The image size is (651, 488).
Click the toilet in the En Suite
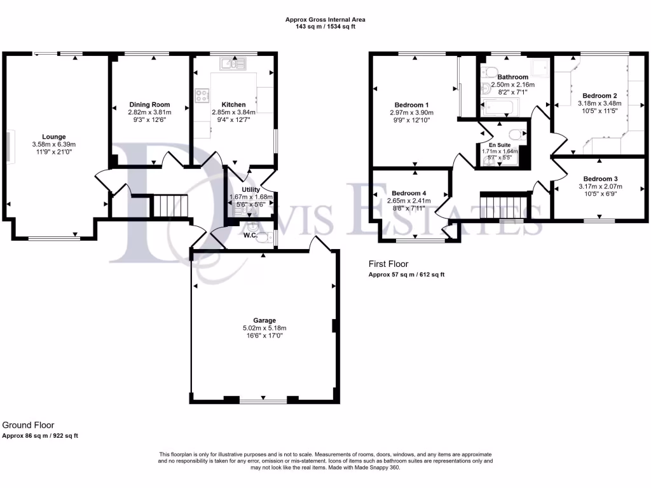(x=519, y=133)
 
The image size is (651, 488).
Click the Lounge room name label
(x=53, y=136)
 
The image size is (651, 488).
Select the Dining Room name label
(x=149, y=104)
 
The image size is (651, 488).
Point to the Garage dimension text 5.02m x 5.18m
(x=264, y=328)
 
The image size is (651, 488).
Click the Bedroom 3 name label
(x=600, y=179)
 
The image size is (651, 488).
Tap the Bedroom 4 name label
(x=409, y=193)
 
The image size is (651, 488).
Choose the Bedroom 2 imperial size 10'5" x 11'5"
(x=599, y=111)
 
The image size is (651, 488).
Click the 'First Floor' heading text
(x=388, y=264)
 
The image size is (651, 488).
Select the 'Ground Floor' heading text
(x=28, y=425)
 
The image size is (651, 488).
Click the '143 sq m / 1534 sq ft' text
(x=325, y=27)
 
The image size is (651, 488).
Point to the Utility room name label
(x=250, y=189)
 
